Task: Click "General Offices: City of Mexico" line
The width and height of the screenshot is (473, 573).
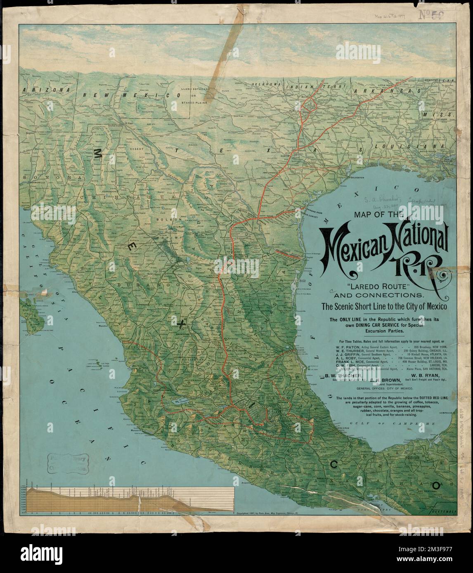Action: pyautogui.click(x=384, y=388)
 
